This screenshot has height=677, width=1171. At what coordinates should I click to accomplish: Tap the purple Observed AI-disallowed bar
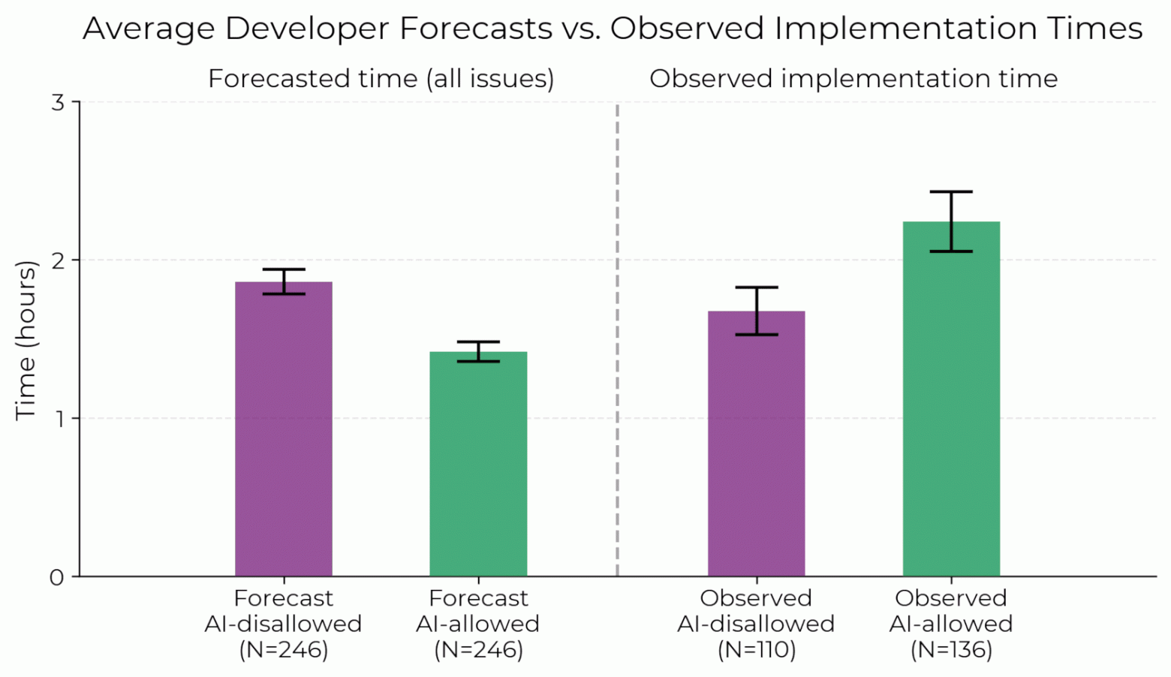tap(756, 444)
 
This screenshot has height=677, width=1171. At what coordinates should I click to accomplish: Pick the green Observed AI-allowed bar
tap(951, 399)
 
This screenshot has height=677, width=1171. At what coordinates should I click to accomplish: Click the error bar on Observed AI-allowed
tap(951, 221)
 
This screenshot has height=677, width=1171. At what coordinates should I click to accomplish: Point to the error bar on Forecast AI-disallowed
tap(284, 281)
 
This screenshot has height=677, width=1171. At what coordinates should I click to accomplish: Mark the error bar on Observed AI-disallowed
tap(756, 311)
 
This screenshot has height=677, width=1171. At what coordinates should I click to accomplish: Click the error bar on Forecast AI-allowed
tap(478, 351)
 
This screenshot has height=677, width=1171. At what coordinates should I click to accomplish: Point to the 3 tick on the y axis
tap(57, 102)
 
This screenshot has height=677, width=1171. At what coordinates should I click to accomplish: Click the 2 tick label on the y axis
tap(57, 260)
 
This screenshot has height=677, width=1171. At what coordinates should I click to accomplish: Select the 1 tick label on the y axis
tap(57, 418)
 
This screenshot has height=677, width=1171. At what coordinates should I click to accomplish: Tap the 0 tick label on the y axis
tap(57, 577)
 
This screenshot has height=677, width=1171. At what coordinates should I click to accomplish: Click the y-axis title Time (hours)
tap(26, 340)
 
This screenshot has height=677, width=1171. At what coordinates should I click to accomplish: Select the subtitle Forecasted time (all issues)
tap(381, 79)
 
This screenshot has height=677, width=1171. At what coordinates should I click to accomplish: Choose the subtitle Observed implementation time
tap(853, 79)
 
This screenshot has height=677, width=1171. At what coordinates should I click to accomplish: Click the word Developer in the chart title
tap(308, 29)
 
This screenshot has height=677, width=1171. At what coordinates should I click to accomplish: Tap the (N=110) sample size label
tap(756, 649)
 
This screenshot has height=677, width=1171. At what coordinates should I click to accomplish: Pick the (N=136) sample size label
tap(951, 649)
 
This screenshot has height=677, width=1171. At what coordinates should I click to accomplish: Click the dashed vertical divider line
tap(617, 338)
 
